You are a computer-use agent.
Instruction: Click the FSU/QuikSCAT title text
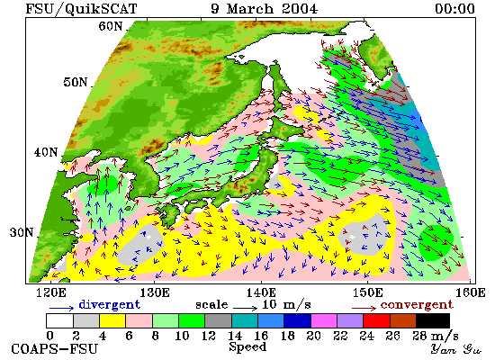(81, 8)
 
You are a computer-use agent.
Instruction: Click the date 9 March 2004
(264, 8)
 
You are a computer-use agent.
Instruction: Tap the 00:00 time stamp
(454, 8)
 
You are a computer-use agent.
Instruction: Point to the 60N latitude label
(110, 26)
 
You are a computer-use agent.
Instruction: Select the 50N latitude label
(75, 82)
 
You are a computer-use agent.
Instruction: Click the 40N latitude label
(46, 152)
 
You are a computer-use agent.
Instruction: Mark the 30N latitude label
(22, 233)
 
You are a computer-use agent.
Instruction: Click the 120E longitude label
(51, 292)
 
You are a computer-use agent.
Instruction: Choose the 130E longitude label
(155, 292)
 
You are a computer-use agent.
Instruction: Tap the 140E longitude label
(261, 292)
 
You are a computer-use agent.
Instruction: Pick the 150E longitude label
(367, 292)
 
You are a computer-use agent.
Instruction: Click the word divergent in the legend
(109, 305)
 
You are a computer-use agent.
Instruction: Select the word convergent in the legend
(417, 305)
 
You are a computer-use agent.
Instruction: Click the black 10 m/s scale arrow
(246, 307)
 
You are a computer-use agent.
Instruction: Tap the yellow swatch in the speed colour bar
(112, 320)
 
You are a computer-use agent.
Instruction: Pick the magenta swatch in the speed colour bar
(324, 320)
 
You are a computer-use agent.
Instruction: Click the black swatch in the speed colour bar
(433, 320)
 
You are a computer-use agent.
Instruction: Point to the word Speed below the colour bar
(247, 347)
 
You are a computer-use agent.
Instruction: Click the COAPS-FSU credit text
(54, 349)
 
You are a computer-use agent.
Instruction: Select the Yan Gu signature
(455, 349)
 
